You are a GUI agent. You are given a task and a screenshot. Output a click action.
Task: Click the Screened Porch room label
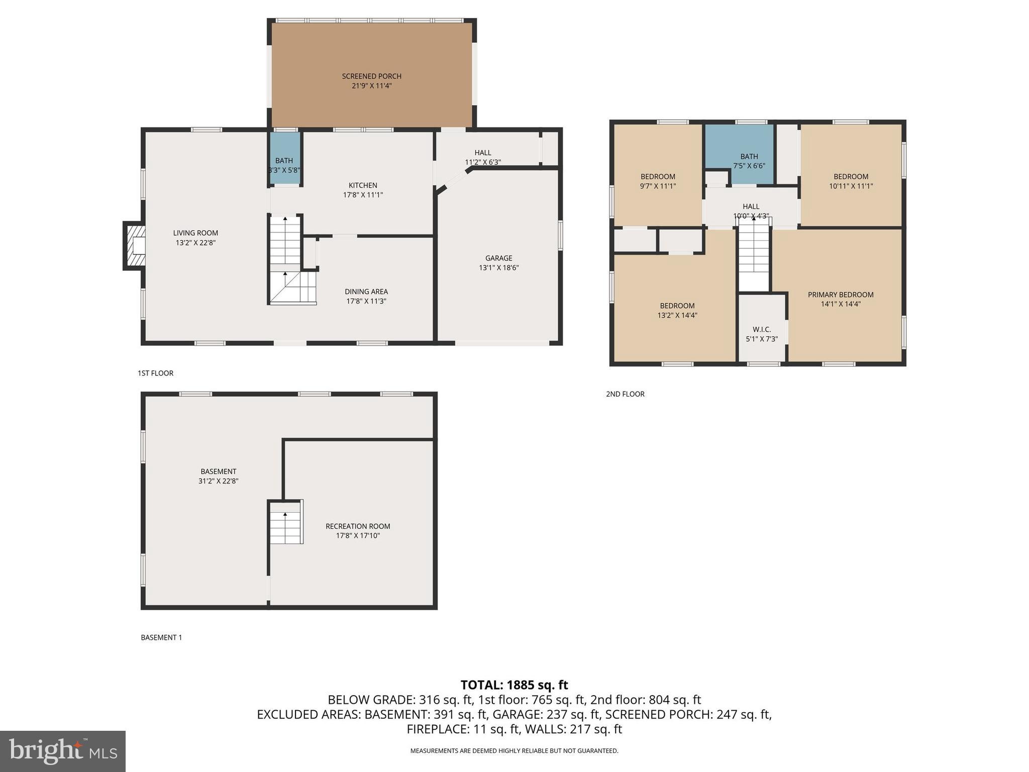click(x=371, y=76)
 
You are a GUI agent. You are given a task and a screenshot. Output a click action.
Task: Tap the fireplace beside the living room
click(x=135, y=246)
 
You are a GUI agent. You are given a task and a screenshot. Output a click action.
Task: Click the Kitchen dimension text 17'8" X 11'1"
click(x=363, y=195)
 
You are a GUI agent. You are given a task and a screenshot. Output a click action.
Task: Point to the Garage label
click(x=498, y=258)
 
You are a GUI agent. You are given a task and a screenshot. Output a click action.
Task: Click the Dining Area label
click(x=366, y=292)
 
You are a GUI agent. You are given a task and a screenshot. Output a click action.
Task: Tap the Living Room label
click(x=195, y=233)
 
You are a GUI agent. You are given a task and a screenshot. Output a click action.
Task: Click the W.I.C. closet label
click(x=762, y=330)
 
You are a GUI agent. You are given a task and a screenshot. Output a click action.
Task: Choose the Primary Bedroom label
click(x=840, y=295)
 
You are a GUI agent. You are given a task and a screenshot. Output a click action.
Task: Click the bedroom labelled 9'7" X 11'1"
click(x=658, y=181)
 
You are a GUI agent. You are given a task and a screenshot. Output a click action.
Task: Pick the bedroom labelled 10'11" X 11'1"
click(x=851, y=181)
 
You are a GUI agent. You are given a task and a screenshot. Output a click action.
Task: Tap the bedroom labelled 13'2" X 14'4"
click(x=677, y=310)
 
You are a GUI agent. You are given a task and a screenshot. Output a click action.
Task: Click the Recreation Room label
click(x=357, y=526)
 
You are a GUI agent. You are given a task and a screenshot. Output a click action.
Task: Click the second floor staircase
click(x=754, y=256)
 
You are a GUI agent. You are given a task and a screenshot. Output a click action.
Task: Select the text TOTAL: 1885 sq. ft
click(x=514, y=685)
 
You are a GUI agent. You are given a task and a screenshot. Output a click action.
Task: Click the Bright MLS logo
click(x=63, y=751)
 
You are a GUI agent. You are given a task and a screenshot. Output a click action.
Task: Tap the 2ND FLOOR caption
click(x=625, y=394)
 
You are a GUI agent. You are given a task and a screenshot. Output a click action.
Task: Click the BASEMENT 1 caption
click(x=161, y=637)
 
